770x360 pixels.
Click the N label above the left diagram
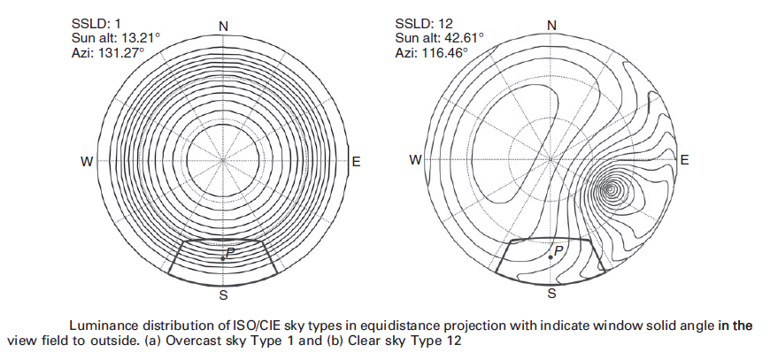point(224,26)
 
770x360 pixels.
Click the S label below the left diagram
point(224,294)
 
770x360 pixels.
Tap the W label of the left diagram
point(87,161)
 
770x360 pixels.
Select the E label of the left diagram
point(357,161)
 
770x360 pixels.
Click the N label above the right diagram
point(551,25)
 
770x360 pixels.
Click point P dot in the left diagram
point(222,258)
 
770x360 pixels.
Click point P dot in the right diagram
point(550,257)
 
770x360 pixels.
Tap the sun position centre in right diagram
point(610,188)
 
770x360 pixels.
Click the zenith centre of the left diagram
point(223,161)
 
